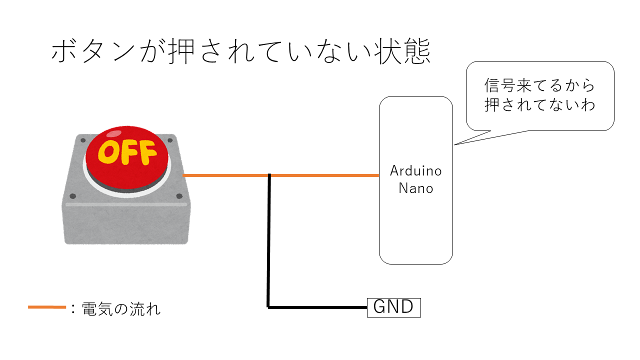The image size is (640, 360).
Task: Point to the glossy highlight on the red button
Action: point(114,133)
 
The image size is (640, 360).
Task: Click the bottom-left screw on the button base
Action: point(73,196)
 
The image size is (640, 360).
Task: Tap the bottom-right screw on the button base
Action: point(179,196)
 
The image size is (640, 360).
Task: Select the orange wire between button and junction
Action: point(226,175)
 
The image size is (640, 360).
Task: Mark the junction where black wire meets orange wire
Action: point(269,175)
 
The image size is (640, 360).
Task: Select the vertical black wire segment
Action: point(269,240)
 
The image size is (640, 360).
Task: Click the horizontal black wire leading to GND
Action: point(317,307)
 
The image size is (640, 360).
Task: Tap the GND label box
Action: point(394,307)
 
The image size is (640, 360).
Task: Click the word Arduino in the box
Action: point(415,171)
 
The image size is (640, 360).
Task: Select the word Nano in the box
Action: point(415,188)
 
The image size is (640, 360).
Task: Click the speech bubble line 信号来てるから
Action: point(540,85)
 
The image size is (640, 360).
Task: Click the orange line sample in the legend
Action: point(46,307)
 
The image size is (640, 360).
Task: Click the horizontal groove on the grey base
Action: point(126,204)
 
